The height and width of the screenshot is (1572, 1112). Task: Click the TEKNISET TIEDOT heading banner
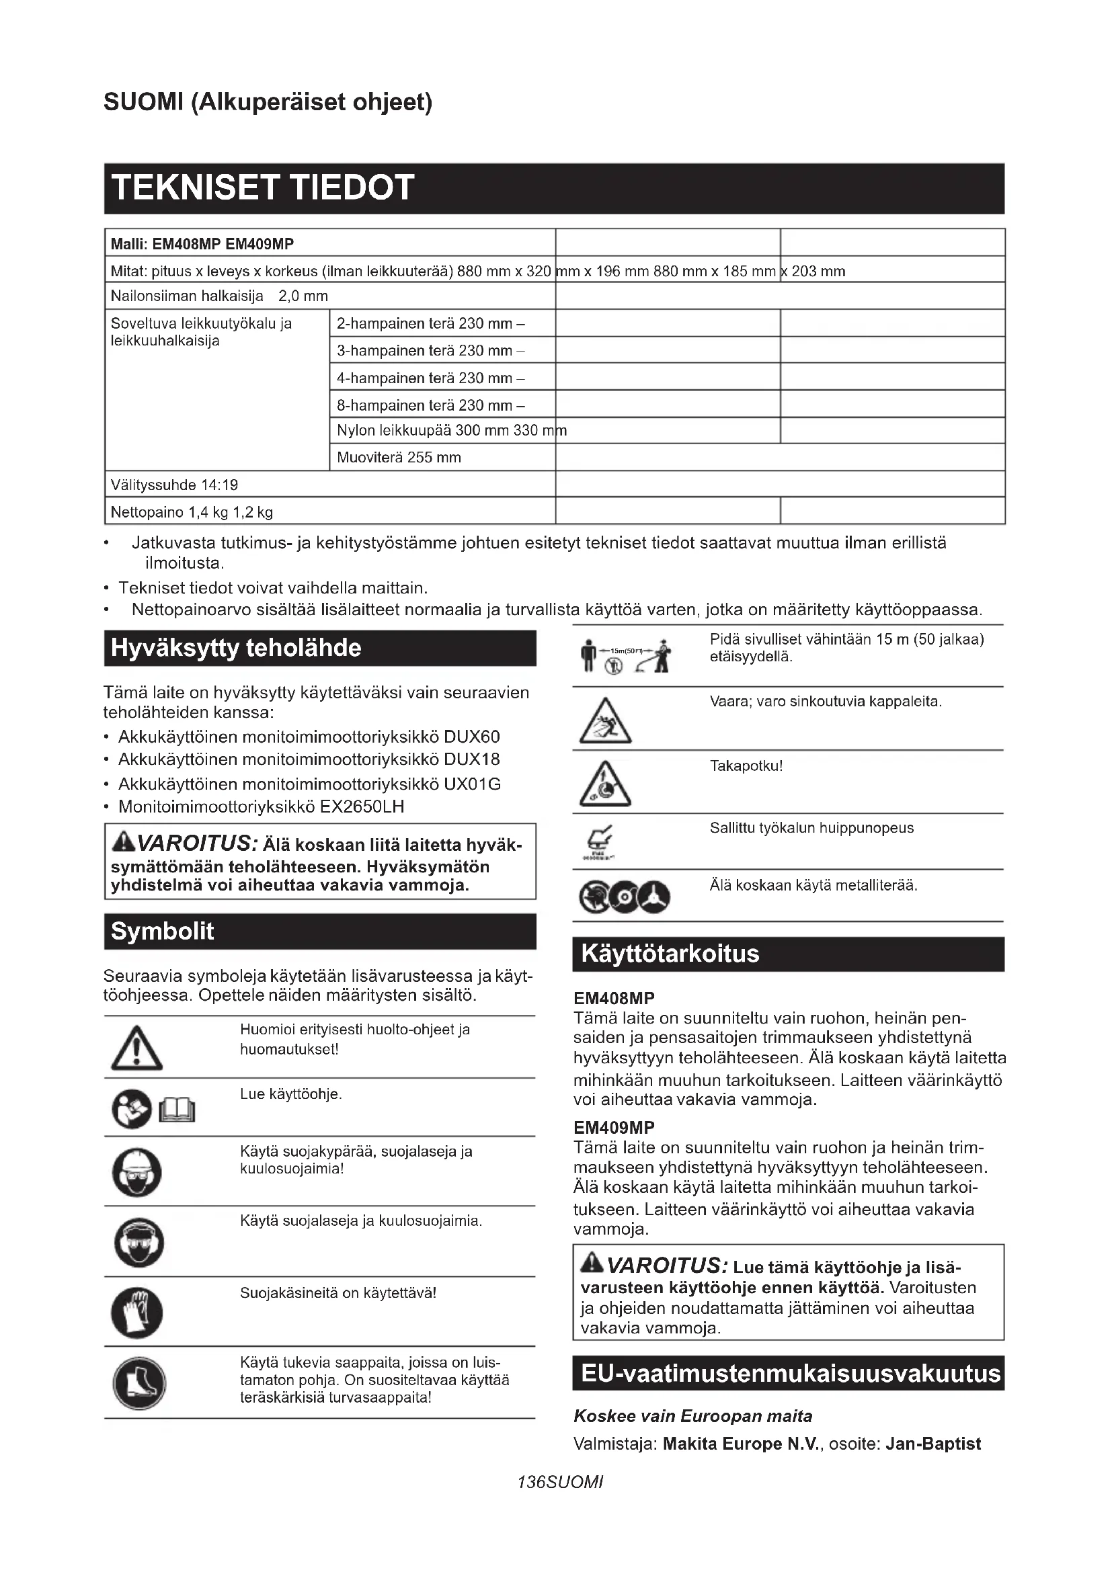554,188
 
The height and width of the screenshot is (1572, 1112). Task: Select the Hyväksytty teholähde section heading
320,648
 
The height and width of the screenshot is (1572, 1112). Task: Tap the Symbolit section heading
320,931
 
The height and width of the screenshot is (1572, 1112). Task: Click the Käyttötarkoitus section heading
788,954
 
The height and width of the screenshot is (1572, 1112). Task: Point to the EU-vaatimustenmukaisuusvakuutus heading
788,1374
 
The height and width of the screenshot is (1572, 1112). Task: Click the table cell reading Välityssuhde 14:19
329,485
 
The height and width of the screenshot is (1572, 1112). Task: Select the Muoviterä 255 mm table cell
442,458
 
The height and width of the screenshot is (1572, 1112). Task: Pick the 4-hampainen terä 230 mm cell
442,377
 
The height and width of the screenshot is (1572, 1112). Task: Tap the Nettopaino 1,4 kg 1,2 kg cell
329,511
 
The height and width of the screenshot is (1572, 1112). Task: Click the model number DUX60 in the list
472,737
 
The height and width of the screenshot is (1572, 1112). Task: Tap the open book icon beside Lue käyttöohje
177,1110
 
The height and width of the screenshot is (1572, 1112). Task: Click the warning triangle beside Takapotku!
604,783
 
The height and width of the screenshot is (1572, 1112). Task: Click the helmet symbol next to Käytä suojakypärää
137,1172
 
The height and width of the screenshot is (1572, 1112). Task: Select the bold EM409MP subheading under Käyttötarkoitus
614,1128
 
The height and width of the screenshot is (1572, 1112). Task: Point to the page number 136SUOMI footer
560,1483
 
